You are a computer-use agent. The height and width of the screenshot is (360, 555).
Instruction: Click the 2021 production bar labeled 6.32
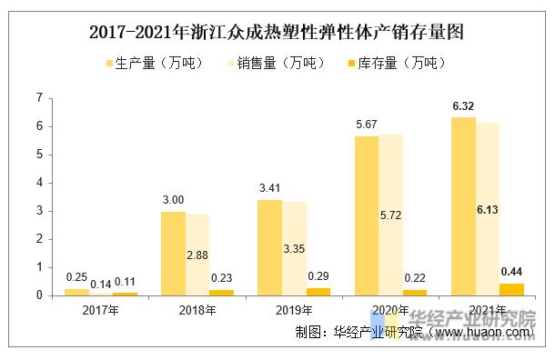pyautogui.click(x=463, y=206)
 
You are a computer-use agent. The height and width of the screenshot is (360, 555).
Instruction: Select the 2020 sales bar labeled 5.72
pyautogui.click(x=391, y=215)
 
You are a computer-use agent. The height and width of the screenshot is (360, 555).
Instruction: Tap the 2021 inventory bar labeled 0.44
pyautogui.click(x=510, y=289)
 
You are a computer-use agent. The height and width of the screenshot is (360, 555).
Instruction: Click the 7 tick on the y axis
pyautogui.click(x=39, y=97)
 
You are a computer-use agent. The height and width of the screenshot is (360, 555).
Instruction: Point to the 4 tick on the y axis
pyautogui.click(x=39, y=183)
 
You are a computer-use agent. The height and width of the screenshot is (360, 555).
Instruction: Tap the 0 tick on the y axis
pyautogui.click(x=39, y=295)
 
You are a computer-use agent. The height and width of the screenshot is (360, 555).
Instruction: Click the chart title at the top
pyautogui.click(x=277, y=34)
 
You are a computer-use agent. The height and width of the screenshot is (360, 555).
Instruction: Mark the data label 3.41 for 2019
pyautogui.click(x=269, y=188)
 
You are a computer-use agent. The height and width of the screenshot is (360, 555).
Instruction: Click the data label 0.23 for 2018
pyautogui.click(x=221, y=279)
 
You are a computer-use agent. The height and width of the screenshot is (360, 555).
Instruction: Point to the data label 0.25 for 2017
pyautogui.click(x=76, y=277)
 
